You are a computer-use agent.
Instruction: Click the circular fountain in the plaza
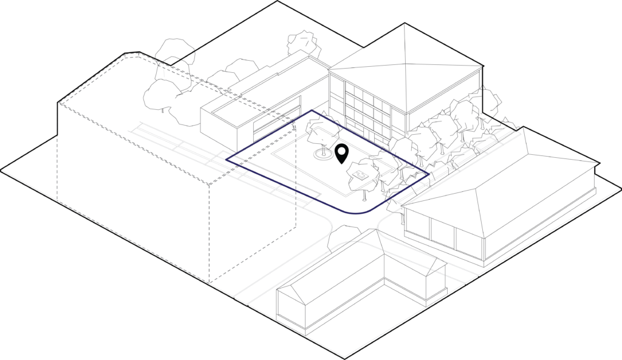pos(324,155)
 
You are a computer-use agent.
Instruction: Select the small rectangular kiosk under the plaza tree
pos(360,175)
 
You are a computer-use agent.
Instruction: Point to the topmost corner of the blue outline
pos(313,111)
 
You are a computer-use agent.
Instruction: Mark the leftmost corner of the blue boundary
pos(228,160)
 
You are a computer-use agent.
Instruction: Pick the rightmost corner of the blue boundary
pos(429,174)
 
